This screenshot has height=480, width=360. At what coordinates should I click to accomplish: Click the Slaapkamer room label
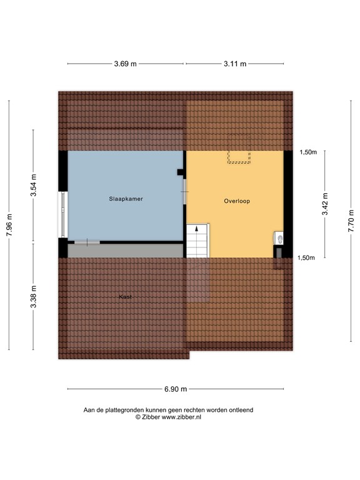click(x=125, y=199)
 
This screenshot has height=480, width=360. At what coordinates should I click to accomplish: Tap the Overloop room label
click(x=237, y=201)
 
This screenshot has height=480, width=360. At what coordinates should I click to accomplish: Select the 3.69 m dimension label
click(x=126, y=63)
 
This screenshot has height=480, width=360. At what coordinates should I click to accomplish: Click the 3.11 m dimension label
click(x=234, y=63)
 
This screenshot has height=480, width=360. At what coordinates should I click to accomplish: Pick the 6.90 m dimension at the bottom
click(x=176, y=389)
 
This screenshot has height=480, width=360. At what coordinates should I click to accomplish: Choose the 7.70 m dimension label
click(x=351, y=221)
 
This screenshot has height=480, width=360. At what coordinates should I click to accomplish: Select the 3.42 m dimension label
click(x=325, y=204)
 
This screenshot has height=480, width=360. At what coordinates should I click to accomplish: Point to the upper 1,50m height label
click(x=307, y=152)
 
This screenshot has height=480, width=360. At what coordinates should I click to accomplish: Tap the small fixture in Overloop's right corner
click(x=278, y=238)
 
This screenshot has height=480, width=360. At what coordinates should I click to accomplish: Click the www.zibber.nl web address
click(x=181, y=417)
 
